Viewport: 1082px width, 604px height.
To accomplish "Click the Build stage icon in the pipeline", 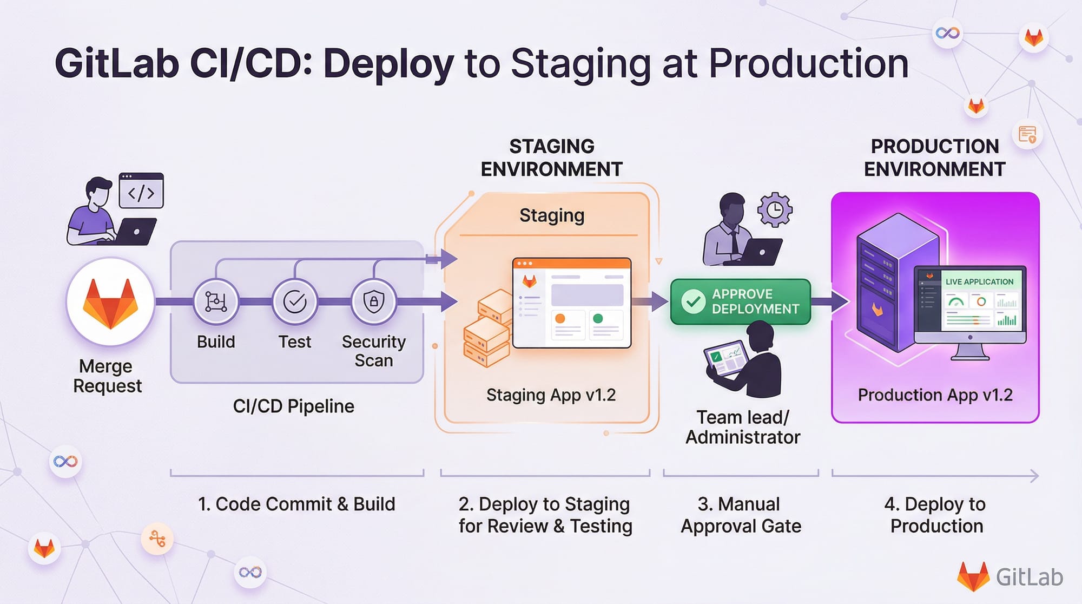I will pyautogui.click(x=216, y=301).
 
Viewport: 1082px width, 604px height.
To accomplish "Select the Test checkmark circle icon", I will pyautogui.click(x=295, y=301).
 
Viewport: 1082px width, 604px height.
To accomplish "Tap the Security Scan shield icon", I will pyautogui.click(x=374, y=301).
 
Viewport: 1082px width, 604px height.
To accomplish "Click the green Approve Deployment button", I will pyautogui.click(x=741, y=301).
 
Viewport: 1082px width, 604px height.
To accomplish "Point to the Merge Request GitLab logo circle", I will pyautogui.click(x=110, y=302).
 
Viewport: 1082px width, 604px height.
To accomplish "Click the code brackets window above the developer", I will pyautogui.click(x=141, y=191).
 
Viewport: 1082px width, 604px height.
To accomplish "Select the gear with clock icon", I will pyautogui.click(x=775, y=209).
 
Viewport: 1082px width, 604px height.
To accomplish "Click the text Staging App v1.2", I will pyautogui.click(x=551, y=395).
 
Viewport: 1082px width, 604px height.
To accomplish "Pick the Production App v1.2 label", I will pyautogui.click(x=935, y=395).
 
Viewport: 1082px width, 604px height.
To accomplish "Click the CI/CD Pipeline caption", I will pyautogui.click(x=293, y=406).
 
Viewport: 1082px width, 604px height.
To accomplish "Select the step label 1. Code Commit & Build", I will pyautogui.click(x=296, y=504).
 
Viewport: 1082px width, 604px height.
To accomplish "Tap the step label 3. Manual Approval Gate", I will pyautogui.click(x=741, y=515).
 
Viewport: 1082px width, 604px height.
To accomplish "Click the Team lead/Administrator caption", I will pyautogui.click(x=743, y=427).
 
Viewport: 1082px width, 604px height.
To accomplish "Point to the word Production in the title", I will pyautogui.click(x=808, y=64).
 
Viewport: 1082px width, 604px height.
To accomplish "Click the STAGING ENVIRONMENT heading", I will pyautogui.click(x=551, y=157).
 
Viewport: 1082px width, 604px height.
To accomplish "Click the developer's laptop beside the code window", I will pyautogui.click(x=135, y=231).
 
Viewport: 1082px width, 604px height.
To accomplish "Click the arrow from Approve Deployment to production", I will pyautogui.click(x=831, y=301).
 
